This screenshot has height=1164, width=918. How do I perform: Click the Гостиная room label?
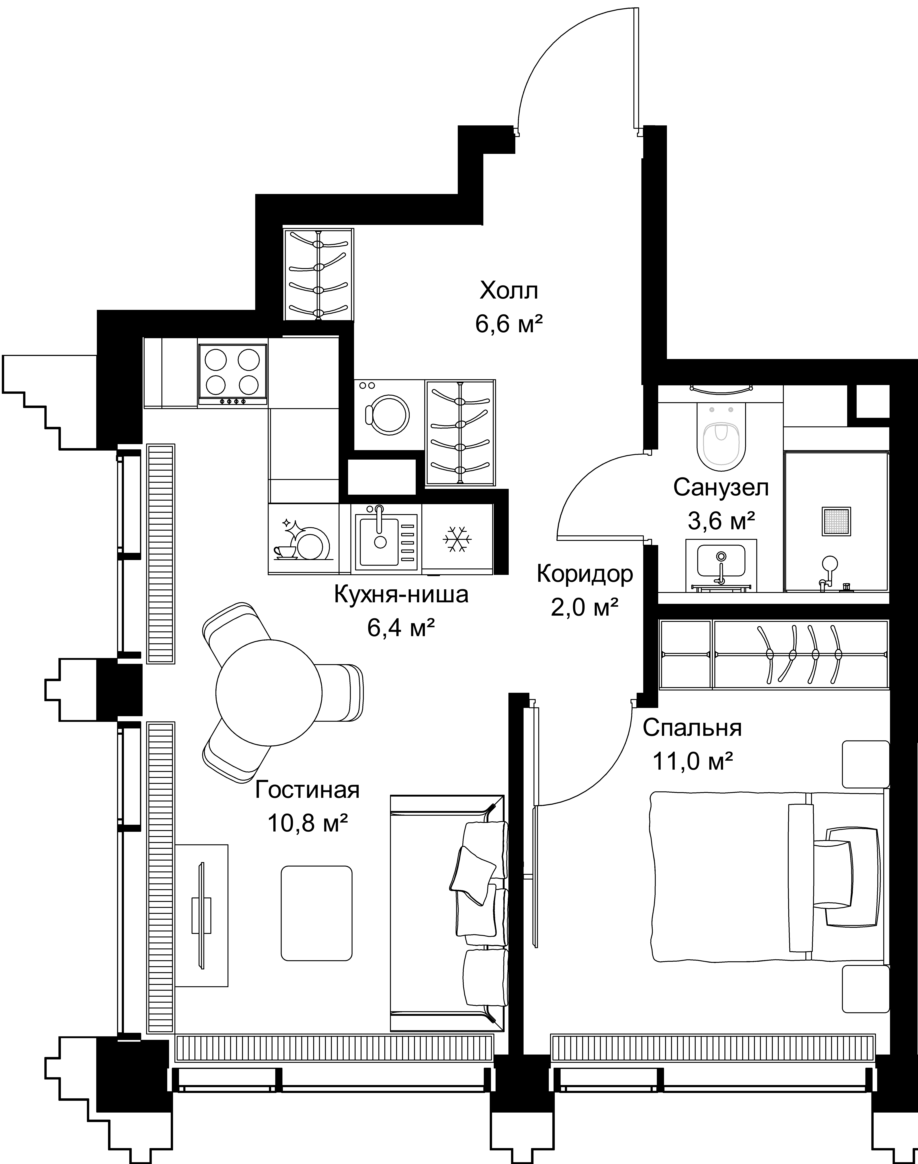click(307, 790)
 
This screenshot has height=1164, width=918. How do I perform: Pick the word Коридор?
click(585, 574)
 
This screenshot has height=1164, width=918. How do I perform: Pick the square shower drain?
click(836, 521)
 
